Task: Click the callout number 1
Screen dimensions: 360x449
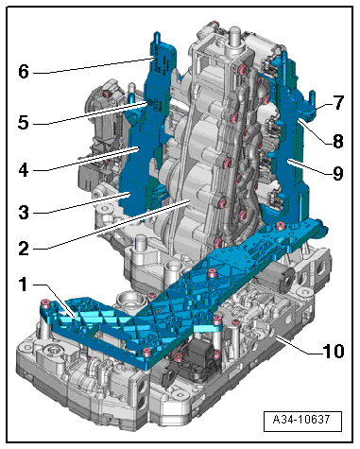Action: (23, 285)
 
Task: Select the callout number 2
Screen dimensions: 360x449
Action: (24, 249)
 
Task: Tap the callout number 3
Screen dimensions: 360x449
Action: (24, 213)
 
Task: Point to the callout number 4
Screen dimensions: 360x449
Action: (24, 170)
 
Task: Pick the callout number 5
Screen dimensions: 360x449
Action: (24, 122)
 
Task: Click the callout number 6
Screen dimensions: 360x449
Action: (24, 72)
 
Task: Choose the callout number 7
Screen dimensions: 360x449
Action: (338, 102)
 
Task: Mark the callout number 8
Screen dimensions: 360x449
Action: (338, 141)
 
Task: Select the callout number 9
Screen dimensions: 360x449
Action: (338, 173)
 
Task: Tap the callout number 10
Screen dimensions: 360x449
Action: (334, 351)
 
